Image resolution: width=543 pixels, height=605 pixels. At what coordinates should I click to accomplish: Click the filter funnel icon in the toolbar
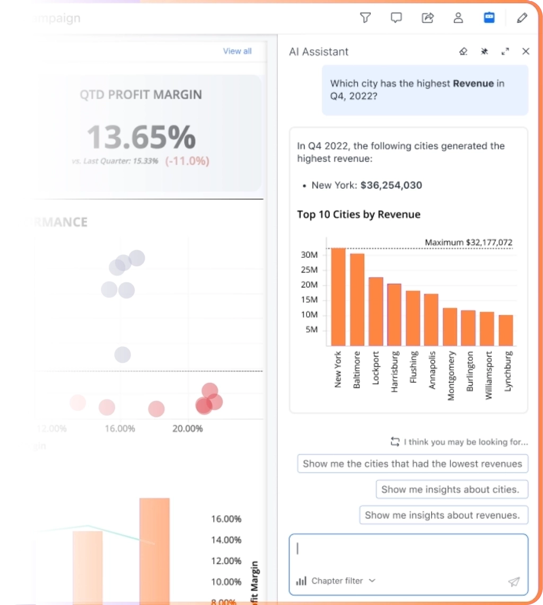click(x=365, y=18)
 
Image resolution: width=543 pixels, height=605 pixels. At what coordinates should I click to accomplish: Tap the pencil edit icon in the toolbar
click(x=522, y=18)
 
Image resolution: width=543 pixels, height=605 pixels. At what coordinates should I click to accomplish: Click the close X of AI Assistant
click(x=526, y=51)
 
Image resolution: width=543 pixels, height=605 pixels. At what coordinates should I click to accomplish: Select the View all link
click(x=237, y=51)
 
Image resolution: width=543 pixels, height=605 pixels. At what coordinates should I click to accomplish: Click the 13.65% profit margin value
click(x=141, y=136)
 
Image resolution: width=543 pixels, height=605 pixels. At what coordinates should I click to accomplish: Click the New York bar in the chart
click(x=338, y=297)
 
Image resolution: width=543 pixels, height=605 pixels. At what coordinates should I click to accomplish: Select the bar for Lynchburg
click(x=506, y=330)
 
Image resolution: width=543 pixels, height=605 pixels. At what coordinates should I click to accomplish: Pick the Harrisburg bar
click(x=394, y=315)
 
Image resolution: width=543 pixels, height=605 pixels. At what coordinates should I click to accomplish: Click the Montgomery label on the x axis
click(x=450, y=375)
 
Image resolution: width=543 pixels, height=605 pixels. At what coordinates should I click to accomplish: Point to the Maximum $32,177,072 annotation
click(x=469, y=242)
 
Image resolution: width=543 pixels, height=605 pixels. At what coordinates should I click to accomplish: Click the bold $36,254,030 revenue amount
click(x=391, y=185)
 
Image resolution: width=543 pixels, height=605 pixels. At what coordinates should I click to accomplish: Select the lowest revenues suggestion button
click(x=413, y=464)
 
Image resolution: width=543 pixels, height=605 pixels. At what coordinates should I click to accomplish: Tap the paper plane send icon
click(x=513, y=582)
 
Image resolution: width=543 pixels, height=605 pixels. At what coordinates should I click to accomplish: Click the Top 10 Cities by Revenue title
click(x=358, y=214)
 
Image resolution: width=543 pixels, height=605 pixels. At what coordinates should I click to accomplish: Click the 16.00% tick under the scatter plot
click(x=120, y=428)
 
